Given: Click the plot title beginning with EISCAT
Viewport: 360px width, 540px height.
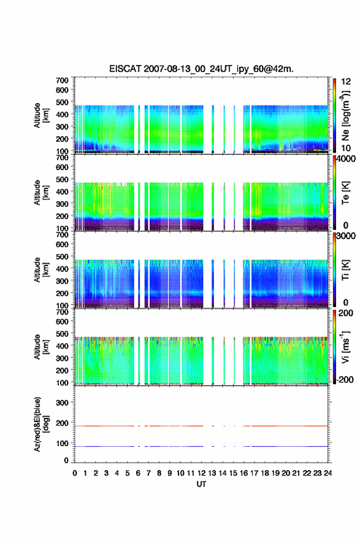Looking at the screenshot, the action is click(x=201, y=69).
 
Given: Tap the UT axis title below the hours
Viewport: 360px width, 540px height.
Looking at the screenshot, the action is click(x=201, y=484).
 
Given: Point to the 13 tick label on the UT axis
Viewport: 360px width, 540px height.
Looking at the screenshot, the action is click(x=212, y=473).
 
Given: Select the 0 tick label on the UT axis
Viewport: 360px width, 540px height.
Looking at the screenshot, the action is click(x=75, y=473).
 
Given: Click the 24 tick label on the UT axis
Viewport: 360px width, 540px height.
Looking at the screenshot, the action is click(x=328, y=473).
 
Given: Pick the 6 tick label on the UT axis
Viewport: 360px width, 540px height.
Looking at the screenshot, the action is click(x=138, y=473).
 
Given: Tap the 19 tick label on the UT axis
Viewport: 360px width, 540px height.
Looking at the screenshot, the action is click(x=275, y=473).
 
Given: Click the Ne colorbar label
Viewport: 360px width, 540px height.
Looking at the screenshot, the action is click(x=345, y=116).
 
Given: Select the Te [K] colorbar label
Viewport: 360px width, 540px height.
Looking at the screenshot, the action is click(x=345, y=193).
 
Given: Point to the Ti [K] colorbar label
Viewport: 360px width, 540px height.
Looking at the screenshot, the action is click(x=345, y=269).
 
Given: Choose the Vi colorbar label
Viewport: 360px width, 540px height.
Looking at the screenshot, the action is click(x=345, y=347).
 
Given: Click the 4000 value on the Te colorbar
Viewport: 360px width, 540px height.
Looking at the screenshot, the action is click(x=346, y=159).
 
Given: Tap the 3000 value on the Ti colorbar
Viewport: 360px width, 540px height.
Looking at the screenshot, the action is click(x=346, y=236).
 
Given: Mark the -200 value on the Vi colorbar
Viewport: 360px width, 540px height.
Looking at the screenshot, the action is click(x=345, y=379).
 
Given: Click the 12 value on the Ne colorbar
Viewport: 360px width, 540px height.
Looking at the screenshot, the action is click(x=347, y=82).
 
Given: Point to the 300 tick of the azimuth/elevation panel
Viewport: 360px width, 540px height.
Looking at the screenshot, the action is click(x=62, y=403).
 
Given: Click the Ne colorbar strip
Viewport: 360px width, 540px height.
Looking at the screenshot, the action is click(x=334, y=116).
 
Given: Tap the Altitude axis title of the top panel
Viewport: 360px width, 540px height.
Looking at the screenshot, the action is click(x=41, y=115).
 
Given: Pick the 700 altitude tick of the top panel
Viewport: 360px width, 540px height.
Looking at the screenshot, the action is click(x=62, y=80).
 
